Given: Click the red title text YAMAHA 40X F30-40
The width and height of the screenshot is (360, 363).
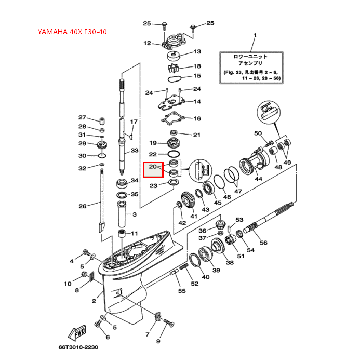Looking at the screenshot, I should point(72,32).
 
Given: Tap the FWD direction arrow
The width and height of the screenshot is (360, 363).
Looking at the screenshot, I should point(78,331).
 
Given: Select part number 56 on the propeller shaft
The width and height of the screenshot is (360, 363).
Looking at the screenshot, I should point(263,243).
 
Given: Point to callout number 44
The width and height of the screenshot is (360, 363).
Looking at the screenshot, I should point(258,179).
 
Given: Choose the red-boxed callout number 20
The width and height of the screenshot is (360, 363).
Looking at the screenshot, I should point(153,167).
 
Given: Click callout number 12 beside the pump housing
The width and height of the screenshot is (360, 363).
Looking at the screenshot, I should point(147,43).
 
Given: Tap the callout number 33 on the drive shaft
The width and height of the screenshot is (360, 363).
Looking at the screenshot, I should point(135,151).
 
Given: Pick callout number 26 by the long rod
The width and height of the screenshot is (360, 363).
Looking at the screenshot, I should point(82,206).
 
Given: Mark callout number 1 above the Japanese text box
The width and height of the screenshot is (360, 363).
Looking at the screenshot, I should point(255,36).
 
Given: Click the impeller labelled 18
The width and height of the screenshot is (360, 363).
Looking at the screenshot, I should point(174,67).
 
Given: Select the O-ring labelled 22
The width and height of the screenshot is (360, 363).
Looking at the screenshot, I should point(174,154).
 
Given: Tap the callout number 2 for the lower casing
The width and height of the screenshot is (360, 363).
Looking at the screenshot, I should point(94,301).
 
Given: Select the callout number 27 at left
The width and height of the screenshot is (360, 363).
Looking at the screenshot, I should point(82,117).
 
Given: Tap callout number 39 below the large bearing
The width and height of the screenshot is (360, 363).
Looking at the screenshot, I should point(216,271).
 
